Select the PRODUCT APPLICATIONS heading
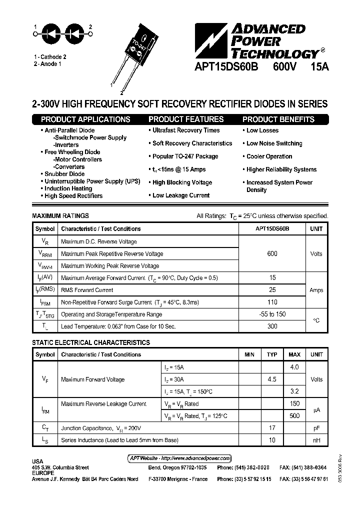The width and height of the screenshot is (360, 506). coord(85,119)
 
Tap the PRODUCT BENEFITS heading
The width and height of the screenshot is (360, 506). coord(278,119)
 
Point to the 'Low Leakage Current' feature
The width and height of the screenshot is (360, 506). coord(181,195)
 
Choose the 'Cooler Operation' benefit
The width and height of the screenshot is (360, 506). coord(269,156)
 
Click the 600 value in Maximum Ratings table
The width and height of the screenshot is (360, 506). coord(272,253)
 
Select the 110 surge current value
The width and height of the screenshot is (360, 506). coord(272,302)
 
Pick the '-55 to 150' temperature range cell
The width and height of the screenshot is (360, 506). coord(272,314)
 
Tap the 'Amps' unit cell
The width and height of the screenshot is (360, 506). coord(316,290)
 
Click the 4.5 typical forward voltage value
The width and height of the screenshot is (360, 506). coord(272,379)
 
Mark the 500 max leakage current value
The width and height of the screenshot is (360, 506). coord(294,415)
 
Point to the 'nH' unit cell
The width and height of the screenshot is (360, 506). coord(316,440)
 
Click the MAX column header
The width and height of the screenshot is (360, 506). coord(294,354)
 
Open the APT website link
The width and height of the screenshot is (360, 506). coord(177,458)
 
